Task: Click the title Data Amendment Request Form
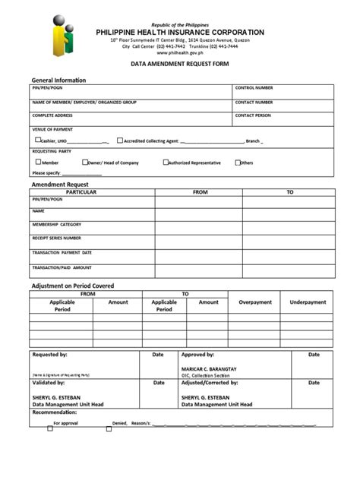pos(179,67)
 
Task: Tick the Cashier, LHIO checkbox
pos(38,141)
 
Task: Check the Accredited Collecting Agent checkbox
pos(120,141)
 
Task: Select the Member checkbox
pos(38,162)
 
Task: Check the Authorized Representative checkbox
pos(166,162)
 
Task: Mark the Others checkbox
pos(238,162)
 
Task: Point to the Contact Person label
pos(252,115)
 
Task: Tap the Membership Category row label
pos(56,225)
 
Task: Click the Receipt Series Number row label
pos(56,238)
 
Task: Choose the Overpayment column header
pos(254,302)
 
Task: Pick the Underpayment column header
pos(308,302)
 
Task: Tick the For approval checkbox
pos(50,428)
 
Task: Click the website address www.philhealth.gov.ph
pos(179,53)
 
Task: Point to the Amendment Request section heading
pos(60,185)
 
